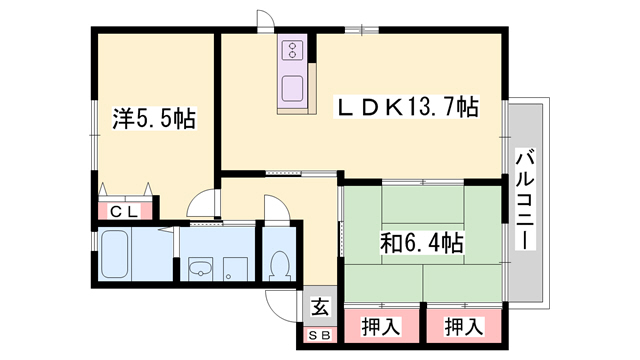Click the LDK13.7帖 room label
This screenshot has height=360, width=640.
(x=404, y=106)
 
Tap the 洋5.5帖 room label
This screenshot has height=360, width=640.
(x=152, y=119)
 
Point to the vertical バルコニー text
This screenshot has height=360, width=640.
(x=525, y=200)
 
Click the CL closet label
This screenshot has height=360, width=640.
(x=124, y=210)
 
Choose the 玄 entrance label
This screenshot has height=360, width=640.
(x=319, y=308)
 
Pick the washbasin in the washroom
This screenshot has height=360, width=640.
(x=198, y=267)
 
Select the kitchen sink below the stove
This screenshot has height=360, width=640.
(x=293, y=87)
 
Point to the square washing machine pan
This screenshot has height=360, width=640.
(x=237, y=267)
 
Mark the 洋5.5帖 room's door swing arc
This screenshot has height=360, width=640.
(x=204, y=203)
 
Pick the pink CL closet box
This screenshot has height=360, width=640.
(x=125, y=210)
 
